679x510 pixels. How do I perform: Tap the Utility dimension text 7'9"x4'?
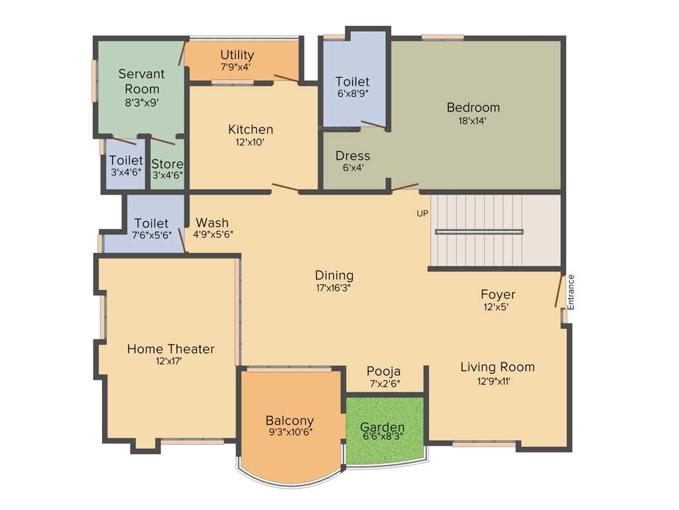(235, 67)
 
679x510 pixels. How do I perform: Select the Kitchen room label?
(251, 129)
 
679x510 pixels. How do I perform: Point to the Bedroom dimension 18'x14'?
(473, 121)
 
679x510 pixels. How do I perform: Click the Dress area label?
(353, 155)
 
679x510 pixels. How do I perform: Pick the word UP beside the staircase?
(422, 214)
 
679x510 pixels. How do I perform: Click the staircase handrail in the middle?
(479, 232)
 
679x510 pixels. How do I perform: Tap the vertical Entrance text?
(570, 292)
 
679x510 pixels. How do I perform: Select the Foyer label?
(498, 294)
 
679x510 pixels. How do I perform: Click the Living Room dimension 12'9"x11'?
(497, 381)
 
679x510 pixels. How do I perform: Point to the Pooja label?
(384, 371)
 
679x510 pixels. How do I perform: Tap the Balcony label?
(289, 420)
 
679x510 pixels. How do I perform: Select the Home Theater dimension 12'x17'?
(168, 361)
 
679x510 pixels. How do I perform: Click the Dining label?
(334, 275)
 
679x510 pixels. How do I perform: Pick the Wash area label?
(212, 222)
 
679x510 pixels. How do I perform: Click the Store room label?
(167, 163)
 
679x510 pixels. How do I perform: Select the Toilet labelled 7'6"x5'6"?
(151, 228)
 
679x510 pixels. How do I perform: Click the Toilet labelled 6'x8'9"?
(352, 87)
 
